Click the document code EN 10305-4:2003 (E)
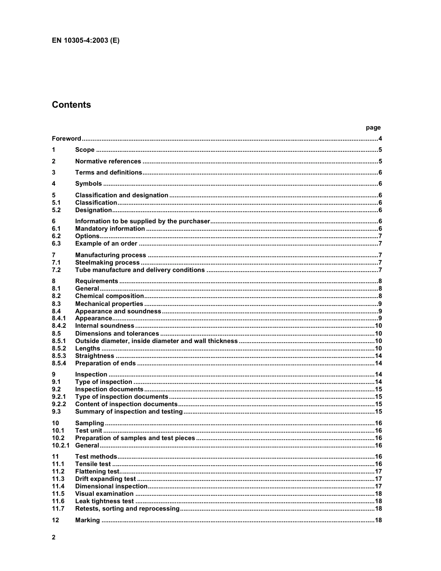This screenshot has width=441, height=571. (x=85, y=40)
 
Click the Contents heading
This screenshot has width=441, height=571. (x=71, y=105)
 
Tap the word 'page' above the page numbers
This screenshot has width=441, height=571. (x=373, y=128)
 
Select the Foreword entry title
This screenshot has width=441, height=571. (x=66, y=139)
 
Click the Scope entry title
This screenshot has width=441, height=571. (x=85, y=150)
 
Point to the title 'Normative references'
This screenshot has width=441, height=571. (x=108, y=162)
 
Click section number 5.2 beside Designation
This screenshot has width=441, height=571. (x=57, y=210)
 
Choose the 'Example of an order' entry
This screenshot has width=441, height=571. (x=106, y=244)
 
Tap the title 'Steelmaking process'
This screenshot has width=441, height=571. (x=107, y=263)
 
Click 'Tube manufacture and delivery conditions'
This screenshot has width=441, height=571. (x=140, y=270)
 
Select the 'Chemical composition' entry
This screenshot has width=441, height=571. (x=110, y=296)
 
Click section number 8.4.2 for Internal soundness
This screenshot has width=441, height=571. (x=59, y=326)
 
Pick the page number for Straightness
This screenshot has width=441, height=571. (x=378, y=356)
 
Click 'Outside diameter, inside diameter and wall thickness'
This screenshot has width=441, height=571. (x=156, y=341)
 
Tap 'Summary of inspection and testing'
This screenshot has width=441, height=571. (x=129, y=412)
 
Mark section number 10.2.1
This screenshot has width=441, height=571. (x=60, y=446)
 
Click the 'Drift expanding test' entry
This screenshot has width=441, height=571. (x=105, y=479)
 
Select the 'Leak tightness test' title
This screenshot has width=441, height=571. (x=104, y=501)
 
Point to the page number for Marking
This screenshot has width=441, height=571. (x=378, y=520)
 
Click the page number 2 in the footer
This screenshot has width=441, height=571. (x=54, y=538)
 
